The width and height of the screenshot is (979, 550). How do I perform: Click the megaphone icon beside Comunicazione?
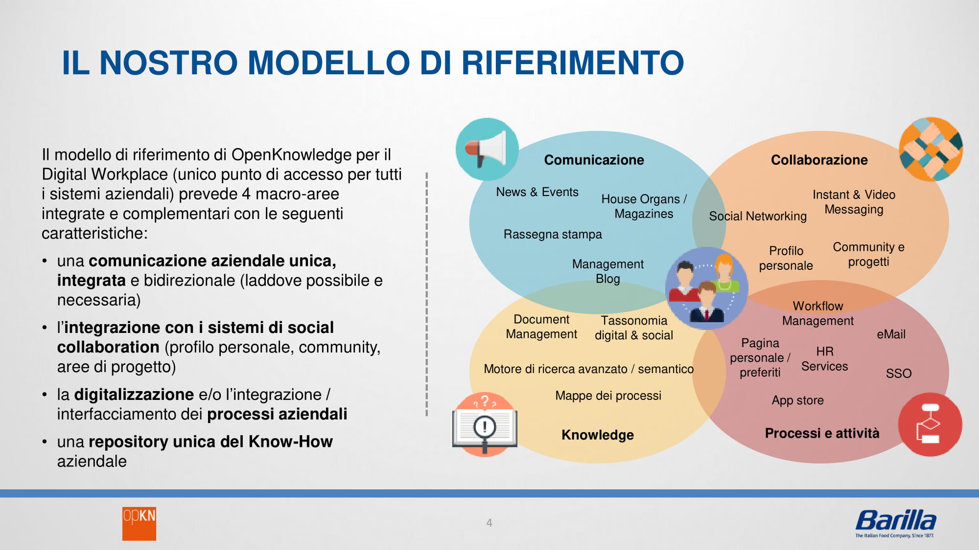tap(487, 149)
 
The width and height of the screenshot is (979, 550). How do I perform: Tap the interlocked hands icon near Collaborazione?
tap(931, 149)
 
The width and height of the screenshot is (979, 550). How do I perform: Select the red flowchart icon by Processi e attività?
tap(930, 424)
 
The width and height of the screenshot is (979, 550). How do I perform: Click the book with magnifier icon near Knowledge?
tap(485, 424)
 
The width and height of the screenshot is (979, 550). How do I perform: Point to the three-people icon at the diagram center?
tap(707, 288)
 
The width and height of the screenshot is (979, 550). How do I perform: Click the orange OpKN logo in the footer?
tap(139, 524)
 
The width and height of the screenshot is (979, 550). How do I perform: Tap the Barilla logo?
tap(896, 523)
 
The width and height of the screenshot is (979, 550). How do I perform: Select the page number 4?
tap(489, 523)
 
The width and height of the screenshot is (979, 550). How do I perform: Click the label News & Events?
tap(537, 192)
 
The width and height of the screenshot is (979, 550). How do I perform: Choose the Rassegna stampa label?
tap(553, 234)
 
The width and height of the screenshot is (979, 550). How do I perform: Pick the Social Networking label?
tap(758, 216)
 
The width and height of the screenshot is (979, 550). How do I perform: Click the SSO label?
tap(899, 374)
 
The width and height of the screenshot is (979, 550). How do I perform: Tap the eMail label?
tap(891, 334)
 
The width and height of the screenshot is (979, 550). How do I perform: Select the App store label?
tap(798, 400)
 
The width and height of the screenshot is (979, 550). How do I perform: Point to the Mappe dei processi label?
tap(608, 396)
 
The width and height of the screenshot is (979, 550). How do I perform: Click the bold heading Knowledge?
tap(598, 435)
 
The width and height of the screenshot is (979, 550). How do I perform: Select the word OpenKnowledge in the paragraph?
tap(291, 154)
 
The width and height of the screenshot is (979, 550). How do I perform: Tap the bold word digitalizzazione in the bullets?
tap(134, 394)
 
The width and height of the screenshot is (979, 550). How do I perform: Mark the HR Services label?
tap(825, 359)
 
